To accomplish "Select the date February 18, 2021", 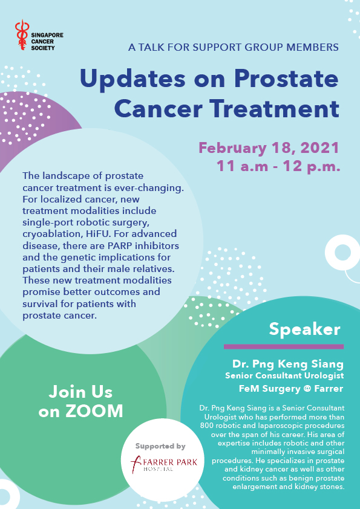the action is tap(269, 148).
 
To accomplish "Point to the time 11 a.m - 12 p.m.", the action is tap(278, 166).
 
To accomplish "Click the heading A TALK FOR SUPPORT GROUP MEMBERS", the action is tap(234, 47).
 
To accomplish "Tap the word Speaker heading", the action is tap(304, 329).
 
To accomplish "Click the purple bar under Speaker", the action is tap(284, 347).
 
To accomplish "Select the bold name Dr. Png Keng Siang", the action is tap(288, 364).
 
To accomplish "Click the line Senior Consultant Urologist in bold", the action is tap(284, 375).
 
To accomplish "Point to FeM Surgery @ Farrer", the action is tap(291, 389).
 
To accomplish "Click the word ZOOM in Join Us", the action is tap(94, 411).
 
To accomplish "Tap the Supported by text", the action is tap(160, 446).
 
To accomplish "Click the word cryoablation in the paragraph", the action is tap(46, 234).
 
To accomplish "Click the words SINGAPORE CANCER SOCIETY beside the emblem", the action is tap(47, 42).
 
